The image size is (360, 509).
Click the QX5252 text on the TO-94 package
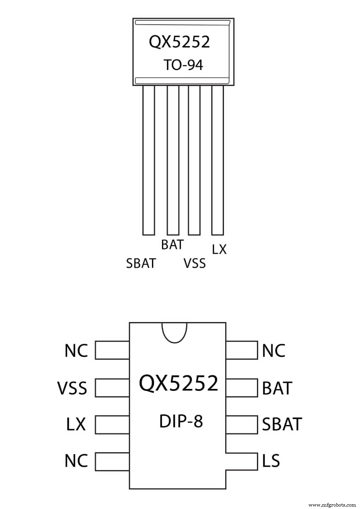point(179,41)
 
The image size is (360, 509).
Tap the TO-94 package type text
point(183,65)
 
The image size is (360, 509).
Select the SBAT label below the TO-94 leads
point(141,263)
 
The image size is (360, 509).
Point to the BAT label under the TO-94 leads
point(172,245)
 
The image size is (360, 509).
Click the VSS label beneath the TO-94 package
point(195,263)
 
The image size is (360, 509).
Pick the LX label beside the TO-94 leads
point(219,249)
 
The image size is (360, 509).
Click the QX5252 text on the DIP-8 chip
point(179,383)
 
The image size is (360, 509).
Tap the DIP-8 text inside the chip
point(181,422)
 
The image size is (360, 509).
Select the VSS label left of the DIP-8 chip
point(72,388)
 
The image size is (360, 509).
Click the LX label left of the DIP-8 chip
point(76,424)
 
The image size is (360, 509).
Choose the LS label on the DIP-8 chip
point(271,461)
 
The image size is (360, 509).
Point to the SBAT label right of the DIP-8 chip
point(282,424)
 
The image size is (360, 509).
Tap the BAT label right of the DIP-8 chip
point(277,388)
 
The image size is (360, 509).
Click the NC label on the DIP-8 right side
point(274,351)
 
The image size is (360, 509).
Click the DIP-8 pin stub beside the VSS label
point(112,388)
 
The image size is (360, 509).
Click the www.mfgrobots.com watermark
point(332,504)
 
